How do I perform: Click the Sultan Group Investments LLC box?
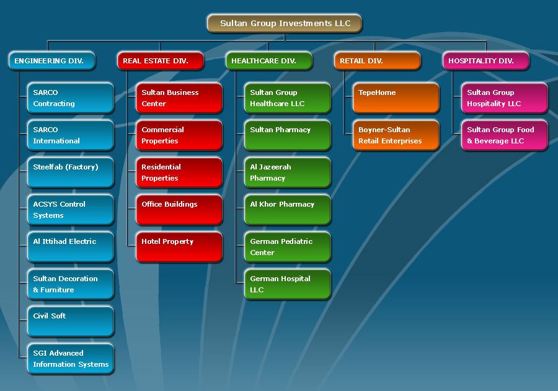coord(285,24)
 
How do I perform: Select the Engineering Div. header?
coord(52,61)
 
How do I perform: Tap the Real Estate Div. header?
coord(161,61)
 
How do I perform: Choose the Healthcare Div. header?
coord(269,61)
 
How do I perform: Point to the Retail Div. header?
coord(378,61)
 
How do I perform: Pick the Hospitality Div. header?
coord(486,61)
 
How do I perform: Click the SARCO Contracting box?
coord(71,98)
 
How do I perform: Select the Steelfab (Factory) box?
coord(71,173)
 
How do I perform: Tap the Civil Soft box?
coord(71,321)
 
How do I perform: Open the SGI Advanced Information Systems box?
coord(71,359)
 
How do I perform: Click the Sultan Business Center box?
coord(179,98)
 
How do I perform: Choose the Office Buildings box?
coord(179,210)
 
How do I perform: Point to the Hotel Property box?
coord(179,247)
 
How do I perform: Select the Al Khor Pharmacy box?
coord(288,210)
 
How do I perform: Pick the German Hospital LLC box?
coord(288,284)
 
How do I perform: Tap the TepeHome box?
coord(396,98)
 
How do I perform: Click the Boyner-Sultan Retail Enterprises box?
coord(396,135)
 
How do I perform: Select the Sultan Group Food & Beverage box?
coord(505,135)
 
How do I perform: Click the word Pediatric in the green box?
coord(296,241)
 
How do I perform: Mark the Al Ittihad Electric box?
coord(71,247)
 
